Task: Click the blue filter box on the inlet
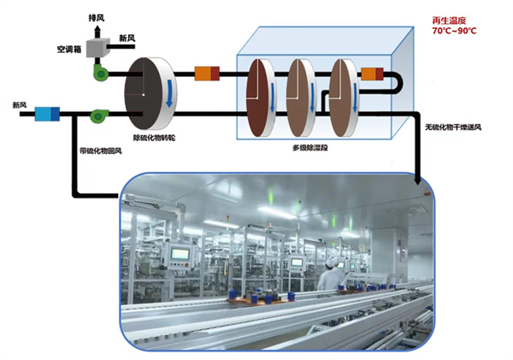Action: pos(44,112)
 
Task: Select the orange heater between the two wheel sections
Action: pos(208,74)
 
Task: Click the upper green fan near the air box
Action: pos(101,74)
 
